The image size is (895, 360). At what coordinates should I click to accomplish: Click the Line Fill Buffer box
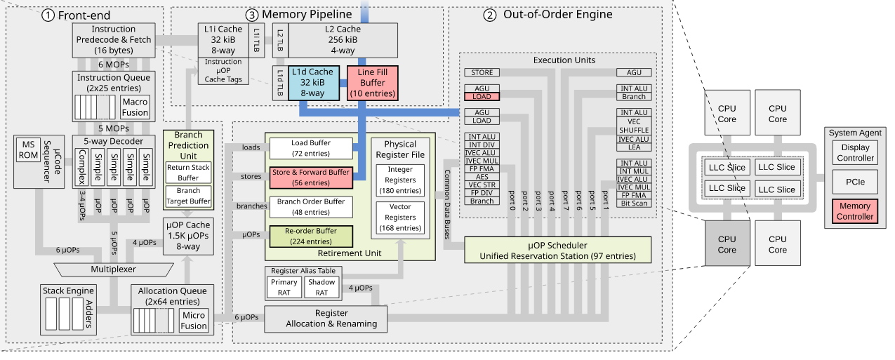tap(372, 83)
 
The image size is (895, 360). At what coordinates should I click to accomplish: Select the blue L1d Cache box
tap(312, 83)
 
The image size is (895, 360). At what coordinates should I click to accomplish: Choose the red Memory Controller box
tap(854, 211)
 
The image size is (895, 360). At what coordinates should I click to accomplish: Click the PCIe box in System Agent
tap(854, 181)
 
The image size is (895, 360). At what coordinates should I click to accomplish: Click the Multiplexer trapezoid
tap(112, 269)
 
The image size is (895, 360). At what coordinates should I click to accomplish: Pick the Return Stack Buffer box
tap(187, 173)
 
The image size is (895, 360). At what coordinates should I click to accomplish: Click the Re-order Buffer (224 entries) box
tap(310, 236)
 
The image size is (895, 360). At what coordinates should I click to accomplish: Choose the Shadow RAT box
tap(321, 287)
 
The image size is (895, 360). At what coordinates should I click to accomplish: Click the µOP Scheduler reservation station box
tap(557, 250)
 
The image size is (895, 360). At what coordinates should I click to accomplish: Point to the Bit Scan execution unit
tap(634, 204)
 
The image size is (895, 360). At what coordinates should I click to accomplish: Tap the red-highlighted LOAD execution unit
tap(482, 96)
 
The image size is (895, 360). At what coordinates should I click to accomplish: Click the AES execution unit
tap(482, 177)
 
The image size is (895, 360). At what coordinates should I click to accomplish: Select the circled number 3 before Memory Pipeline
tap(251, 14)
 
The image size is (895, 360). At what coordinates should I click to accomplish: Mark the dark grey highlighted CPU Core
tap(727, 244)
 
